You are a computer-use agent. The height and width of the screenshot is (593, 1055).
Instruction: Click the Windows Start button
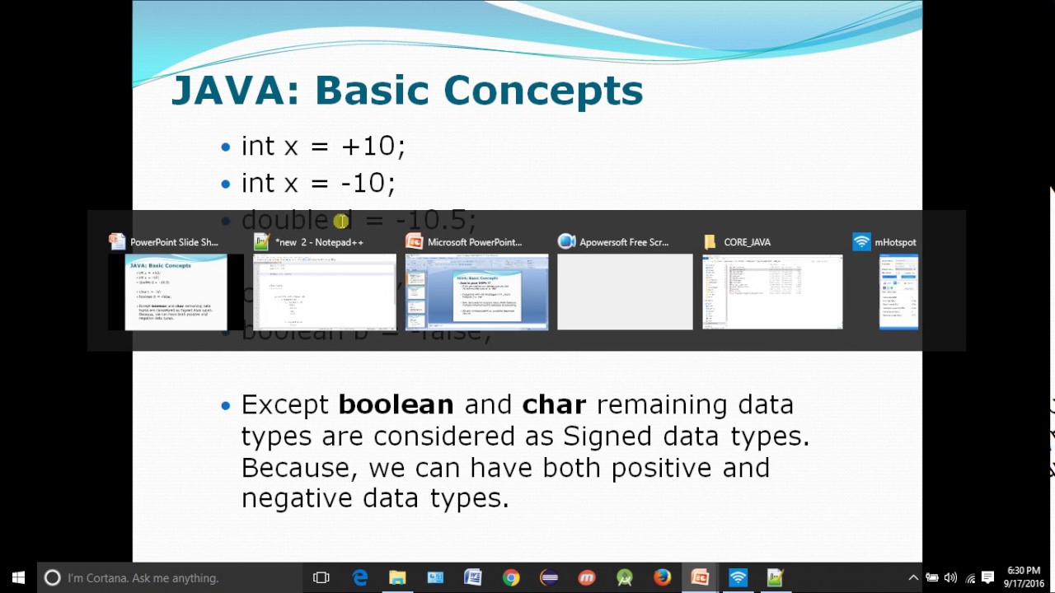coord(18,578)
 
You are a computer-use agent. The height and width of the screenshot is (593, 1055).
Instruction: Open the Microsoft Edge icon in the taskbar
coord(360,578)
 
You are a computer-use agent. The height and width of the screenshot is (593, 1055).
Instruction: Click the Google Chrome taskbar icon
coord(511,578)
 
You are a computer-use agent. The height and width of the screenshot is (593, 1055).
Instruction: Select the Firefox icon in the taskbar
coord(662,578)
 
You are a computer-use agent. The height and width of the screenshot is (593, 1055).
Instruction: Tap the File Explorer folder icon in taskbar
coord(397,578)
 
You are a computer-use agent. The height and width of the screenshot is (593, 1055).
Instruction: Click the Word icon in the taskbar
coord(472,578)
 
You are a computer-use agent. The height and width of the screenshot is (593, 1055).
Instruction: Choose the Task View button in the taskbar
coord(321,578)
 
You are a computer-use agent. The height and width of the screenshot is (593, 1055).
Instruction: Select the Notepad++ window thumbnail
coord(325,292)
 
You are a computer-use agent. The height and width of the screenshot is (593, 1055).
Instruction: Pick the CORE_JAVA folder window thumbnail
coord(772,292)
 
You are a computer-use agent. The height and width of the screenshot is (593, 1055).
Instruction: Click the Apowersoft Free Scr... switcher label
coord(623,242)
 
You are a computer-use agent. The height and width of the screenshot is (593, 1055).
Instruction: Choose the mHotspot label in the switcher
coord(895,242)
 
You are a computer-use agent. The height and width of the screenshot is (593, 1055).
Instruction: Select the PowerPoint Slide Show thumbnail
coord(176,292)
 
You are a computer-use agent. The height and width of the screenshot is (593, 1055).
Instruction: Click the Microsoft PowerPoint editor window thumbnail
coord(476,292)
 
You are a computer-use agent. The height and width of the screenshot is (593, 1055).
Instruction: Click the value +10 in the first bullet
coord(368,147)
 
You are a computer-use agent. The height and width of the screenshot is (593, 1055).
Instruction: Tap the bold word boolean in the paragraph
coord(396,404)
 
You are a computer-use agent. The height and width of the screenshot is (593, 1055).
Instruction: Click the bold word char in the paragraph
coord(554,404)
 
